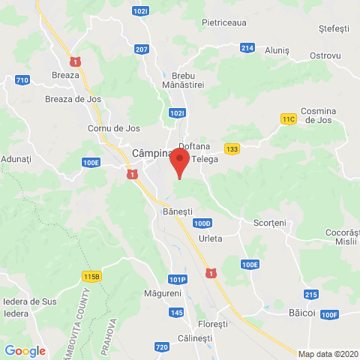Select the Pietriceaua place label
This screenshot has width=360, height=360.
[x=223, y=22]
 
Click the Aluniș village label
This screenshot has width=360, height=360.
[x=277, y=49]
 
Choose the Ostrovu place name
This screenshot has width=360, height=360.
[x=325, y=56]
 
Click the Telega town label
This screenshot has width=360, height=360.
[x=205, y=159]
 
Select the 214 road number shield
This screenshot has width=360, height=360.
[x=247, y=48]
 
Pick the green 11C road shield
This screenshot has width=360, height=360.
[x=289, y=118]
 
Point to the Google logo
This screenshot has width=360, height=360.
[x=25, y=350]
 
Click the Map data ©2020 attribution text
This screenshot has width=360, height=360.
[x=328, y=354]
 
